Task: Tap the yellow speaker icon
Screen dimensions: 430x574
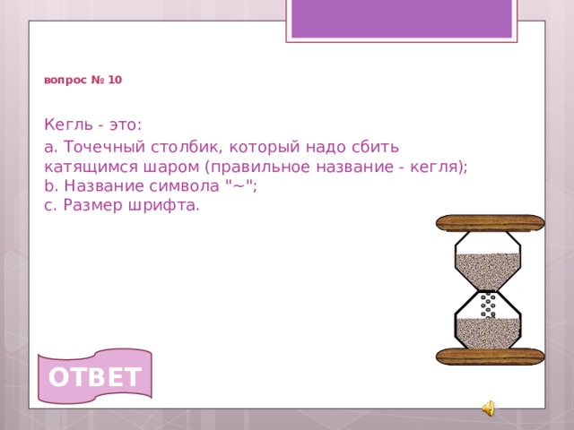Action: (x=488, y=408)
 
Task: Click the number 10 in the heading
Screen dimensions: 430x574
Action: (x=116, y=81)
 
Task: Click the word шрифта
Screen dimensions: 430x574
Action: (x=167, y=205)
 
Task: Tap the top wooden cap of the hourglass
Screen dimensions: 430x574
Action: (x=490, y=223)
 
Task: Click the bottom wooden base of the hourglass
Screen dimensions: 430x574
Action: (x=490, y=357)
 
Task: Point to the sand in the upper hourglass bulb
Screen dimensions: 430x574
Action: (x=488, y=266)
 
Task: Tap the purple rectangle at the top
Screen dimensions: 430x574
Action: (x=401, y=17)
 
